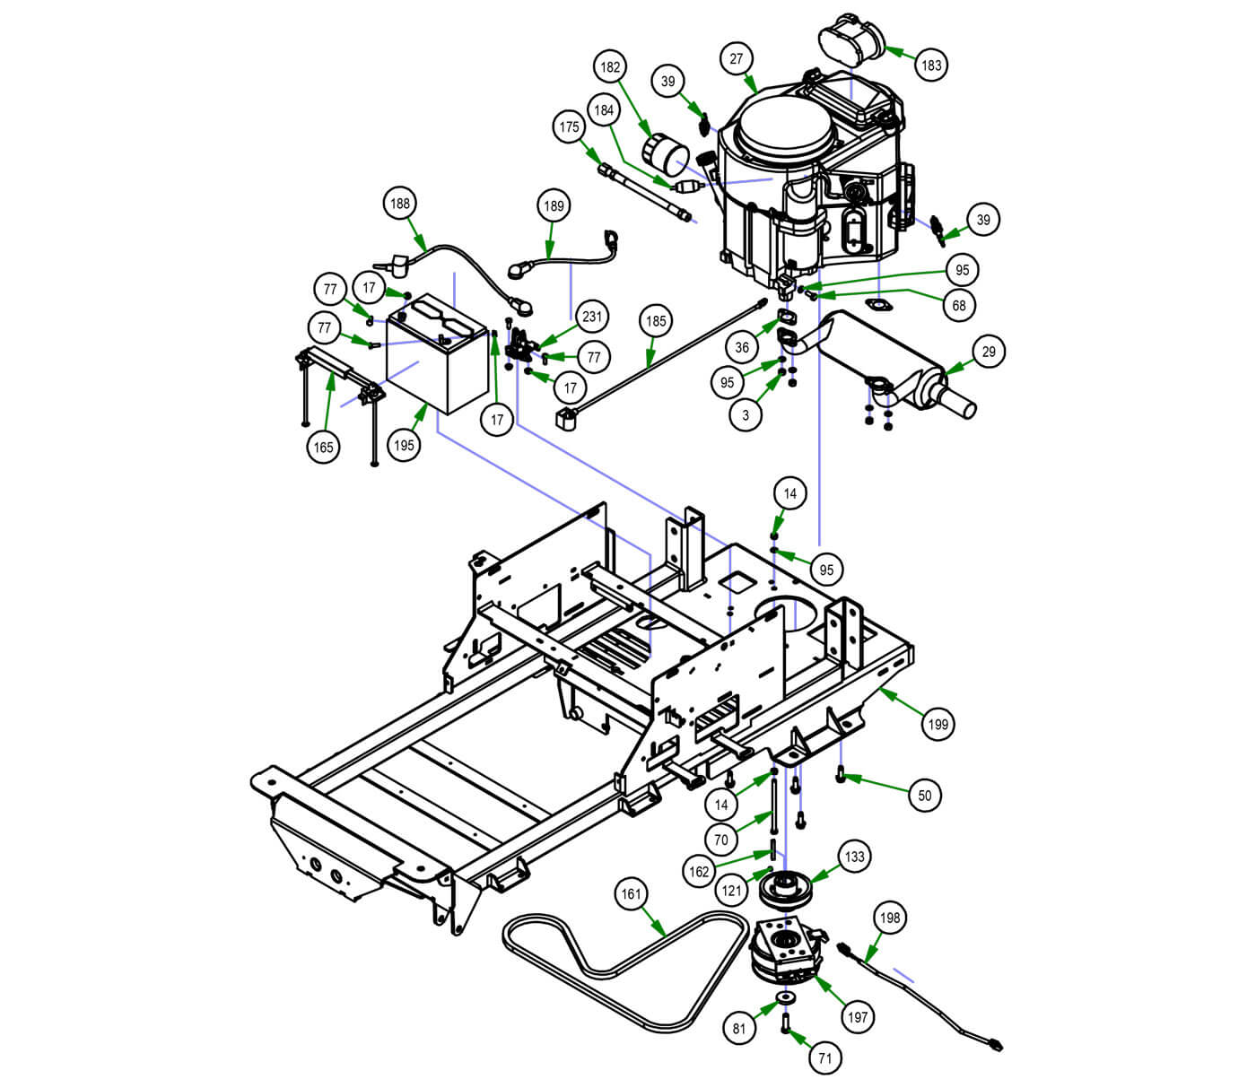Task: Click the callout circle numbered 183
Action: click(x=932, y=65)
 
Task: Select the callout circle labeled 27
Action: click(x=737, y=59)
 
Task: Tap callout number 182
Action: click(x=610, y=67)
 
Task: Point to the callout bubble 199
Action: click(x=938, y=724)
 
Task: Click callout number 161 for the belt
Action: click(x=632, y=893)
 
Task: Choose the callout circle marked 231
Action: click(x=592, y=317)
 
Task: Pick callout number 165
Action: click(x=324, y=447)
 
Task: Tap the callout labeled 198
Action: click(x=890, y=918)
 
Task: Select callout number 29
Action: click(x=989, y=352)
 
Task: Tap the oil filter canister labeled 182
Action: click(x=667, y=156)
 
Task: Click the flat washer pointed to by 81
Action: click(x=787, y=998)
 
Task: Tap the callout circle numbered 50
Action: click(x=925, y=795)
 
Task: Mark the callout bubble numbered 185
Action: click(x=656, y=320)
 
